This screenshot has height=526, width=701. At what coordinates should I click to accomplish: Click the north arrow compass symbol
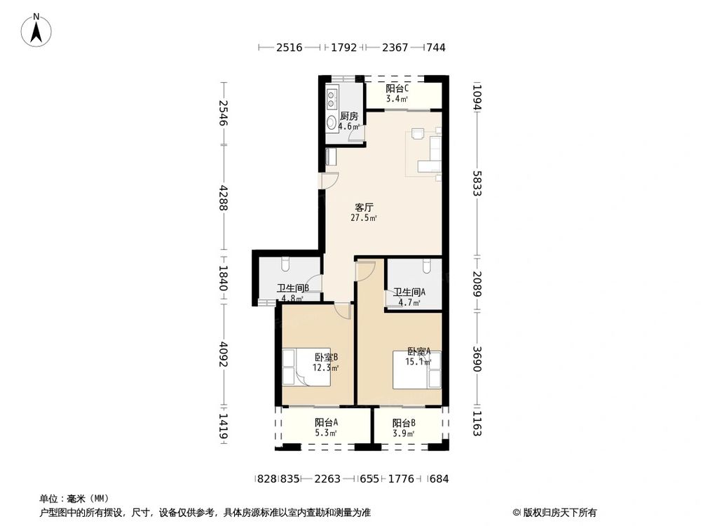36,30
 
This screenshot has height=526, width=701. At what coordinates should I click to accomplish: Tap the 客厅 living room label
364,208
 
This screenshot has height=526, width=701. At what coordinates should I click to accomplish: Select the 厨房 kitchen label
349,116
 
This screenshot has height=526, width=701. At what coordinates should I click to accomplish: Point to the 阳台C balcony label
397,88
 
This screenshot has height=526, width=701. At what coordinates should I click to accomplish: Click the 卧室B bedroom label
326,358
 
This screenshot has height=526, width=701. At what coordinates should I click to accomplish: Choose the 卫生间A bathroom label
409,292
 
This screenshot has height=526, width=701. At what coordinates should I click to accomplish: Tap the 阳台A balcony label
326,422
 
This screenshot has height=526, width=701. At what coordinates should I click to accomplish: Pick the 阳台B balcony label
404,423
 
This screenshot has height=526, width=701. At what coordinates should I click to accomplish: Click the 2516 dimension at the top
290,48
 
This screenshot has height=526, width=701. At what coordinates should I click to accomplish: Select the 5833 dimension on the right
477,183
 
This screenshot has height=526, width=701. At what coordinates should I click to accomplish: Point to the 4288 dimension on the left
223,198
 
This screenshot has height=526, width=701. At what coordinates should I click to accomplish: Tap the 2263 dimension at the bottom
327,479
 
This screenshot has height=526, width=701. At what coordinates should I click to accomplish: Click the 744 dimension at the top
436,48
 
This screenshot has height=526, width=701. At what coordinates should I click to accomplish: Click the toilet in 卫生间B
286,264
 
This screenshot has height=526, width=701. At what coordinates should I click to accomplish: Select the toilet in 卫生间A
427,266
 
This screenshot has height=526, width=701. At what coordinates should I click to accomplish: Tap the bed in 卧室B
307,367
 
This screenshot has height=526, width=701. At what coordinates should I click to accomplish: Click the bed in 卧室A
416,370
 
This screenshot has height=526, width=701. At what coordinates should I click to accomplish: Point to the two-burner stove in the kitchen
332,100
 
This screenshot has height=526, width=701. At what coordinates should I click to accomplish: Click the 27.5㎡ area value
363,218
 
